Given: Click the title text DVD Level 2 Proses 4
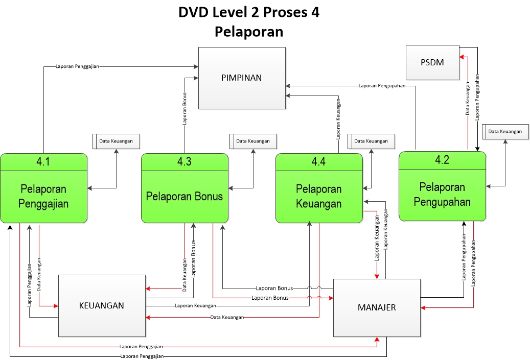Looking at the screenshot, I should pyautogui.click(x=249, y=13).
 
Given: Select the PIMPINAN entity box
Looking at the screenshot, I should pyautogui.click(x=242, y=78).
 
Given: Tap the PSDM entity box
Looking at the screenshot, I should pyautogui.click(x=432, y=63).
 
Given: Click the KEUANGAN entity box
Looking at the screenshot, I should pyautogui.click(x=102, y=305).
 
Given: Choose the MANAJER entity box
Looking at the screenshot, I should pyautogui.click(x=377, y=307).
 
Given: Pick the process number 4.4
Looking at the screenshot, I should pyautogui.click(x=319, y=162).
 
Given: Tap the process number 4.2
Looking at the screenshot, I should pyautogui.click(x=442, y=159).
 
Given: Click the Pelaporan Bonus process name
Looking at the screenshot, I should pyautogui.click(x=185, y=196).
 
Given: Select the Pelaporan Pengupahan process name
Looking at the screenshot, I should pyautogui.click(x=442, y=194).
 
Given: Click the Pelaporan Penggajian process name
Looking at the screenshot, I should pyautogui.click(x=44, y=197).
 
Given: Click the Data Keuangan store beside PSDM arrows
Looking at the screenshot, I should pyautogui.click(x=505, y=132).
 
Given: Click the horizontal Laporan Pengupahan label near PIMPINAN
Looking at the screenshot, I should pyautogui.click(x=382, y=86).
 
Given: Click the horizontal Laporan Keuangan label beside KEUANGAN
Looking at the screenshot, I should pyautogui.click(x=195, y=306).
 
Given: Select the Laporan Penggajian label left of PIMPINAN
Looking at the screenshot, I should pyautogui.click(x=78, y=66).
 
